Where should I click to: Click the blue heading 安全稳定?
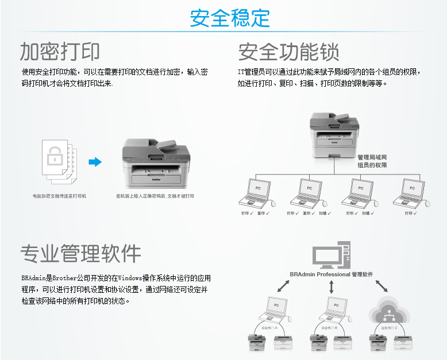click(x=230, y=18)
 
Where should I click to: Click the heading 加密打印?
click(x=60, y=52)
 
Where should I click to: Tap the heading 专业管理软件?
click(x=80, y=253)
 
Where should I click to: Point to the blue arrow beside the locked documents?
click(x=95, y=162)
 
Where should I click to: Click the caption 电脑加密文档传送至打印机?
click(x=59, y=196)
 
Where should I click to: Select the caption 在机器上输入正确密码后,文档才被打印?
click(x=155, y=196)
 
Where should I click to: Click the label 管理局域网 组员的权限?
click(x=372, y=161)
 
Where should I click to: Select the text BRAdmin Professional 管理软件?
click(x=332, y=274)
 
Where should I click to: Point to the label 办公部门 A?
click(x=268, y=327)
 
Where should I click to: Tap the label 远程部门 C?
click(x=388, y=327)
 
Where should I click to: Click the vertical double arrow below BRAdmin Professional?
click(x=332, y=288)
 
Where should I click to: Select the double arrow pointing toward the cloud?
click(x=381, y=285)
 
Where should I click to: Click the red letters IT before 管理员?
click(x=241, y=72)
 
